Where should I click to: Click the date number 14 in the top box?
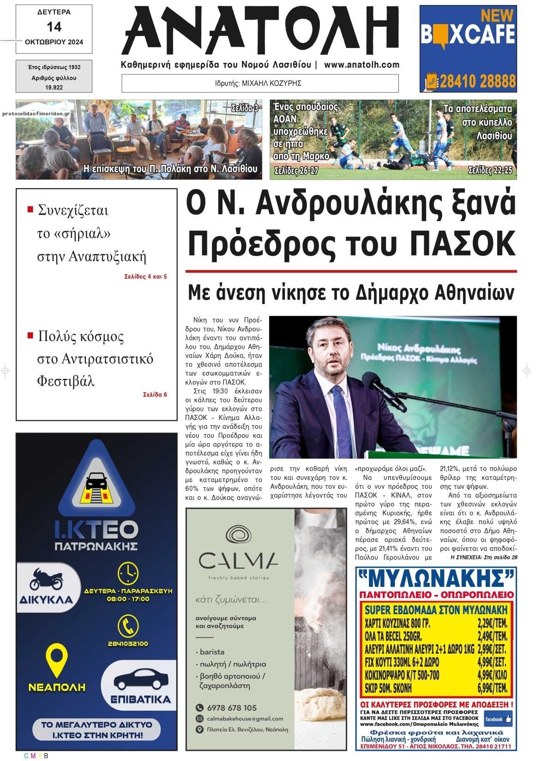pyautogui.click(x=54, y=27)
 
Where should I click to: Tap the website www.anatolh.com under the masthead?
pyautogui.click(x=361, y=65)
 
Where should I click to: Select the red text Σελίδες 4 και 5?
pyautogui.click(x=145, y=277)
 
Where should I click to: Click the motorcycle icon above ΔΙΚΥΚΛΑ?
pyautogui.click(x=45, y=579)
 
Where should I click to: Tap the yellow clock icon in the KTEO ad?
pyautogui.click(x=128, y=573)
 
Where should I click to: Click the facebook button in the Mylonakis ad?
pyautogui.click(x=498, y=719)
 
